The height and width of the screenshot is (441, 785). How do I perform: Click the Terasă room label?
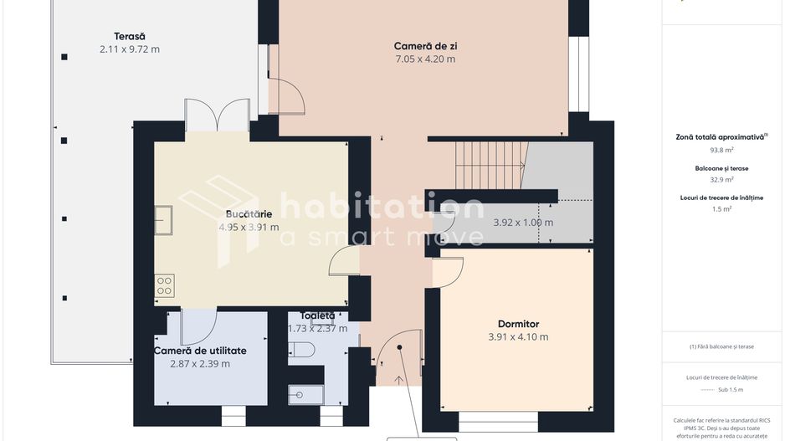tap(130, 36)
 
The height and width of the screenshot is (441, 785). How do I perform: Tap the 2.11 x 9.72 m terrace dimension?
tap(130, 49)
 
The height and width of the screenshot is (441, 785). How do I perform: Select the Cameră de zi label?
tap(425, 45)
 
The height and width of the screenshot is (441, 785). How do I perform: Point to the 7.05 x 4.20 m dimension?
tap(425, 59)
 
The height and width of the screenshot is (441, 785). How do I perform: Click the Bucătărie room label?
tap(249, 214)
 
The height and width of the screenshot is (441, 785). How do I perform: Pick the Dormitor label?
tap(518, 324)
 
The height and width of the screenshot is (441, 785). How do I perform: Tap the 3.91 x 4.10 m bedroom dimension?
tap(518, 337)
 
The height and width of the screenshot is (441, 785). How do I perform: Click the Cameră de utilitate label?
tap(200, 350)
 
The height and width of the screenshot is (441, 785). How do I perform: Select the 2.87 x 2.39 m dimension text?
tap(200, 363)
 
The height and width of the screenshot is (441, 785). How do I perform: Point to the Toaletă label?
tap(317, 315)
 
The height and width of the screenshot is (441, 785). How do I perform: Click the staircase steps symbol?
tap(492, 165)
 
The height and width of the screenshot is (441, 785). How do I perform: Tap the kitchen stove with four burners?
tap(164, 285)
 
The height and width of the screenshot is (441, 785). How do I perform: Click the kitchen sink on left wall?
tap(163, 220)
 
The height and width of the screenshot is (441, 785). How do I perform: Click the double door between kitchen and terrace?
tap(217, 115)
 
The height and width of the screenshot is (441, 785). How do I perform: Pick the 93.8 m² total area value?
tap(721, 151)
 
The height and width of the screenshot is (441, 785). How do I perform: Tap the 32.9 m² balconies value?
tap(721, 179)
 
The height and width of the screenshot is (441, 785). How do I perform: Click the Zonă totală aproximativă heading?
tap(721, 136)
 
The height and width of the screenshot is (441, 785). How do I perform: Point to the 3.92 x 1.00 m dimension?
tap(523, 223)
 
